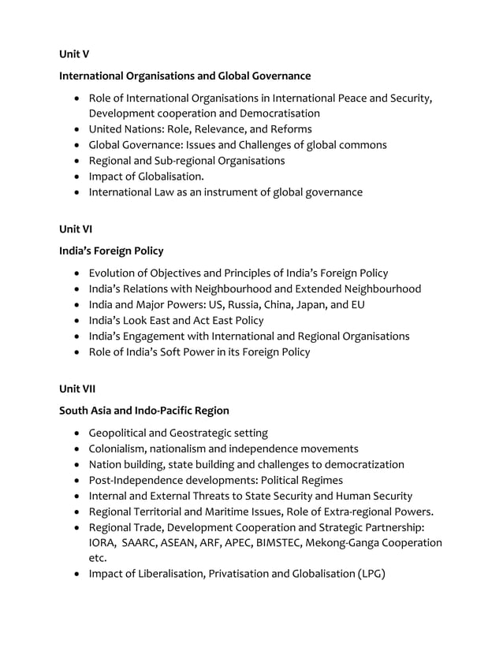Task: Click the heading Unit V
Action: tap(74, 54)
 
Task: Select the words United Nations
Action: tap(123, 129)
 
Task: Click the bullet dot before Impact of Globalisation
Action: tap(76, 177)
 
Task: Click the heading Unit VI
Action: tap(76, 229)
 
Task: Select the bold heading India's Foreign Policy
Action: tap(111, 251)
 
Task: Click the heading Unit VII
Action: tap(77, 389)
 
